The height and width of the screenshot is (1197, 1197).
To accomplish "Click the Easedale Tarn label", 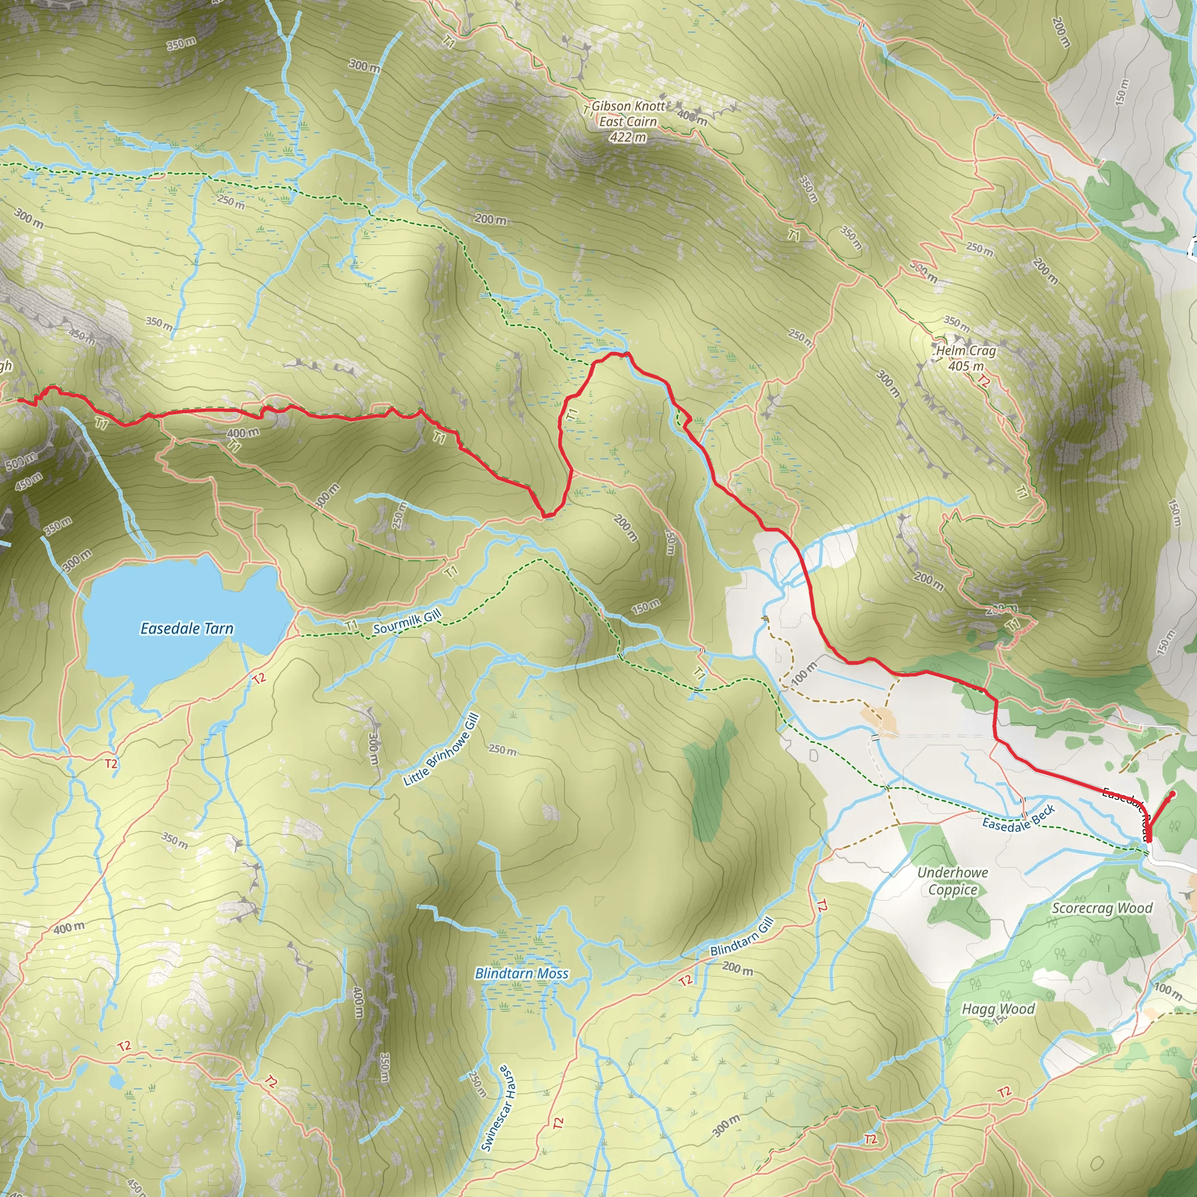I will tap(186, 629).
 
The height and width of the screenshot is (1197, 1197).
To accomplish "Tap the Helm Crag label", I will tap(966, 351).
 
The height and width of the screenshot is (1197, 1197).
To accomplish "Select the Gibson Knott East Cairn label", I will tap(628, 113).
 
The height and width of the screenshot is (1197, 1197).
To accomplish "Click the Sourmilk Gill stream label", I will tap(407, 621).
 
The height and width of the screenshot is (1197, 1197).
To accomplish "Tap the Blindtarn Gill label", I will tap(742, 936).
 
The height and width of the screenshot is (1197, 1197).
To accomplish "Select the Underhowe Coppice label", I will tap(952, 881).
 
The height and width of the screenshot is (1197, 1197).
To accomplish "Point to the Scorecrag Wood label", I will tap(1102, 908).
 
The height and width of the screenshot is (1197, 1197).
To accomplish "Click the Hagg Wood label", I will tap(998, 1009).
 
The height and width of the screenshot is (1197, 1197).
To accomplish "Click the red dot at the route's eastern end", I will tap(1172, 794).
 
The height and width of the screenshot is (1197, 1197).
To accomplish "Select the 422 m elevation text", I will tap(628, 137).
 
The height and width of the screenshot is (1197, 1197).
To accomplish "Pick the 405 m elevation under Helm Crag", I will tap(966, 366).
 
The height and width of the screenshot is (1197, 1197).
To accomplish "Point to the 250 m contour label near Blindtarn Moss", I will tap(502, 750).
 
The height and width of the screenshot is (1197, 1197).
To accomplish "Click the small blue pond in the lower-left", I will tap(116, 1081).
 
